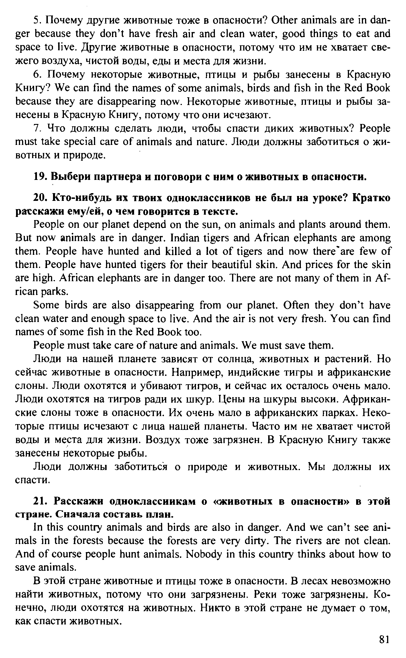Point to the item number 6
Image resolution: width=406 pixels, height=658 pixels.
pyautogui.click(x=37, y=75)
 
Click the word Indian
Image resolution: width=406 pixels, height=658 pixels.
pyautogui.click(x=147, y=238)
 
